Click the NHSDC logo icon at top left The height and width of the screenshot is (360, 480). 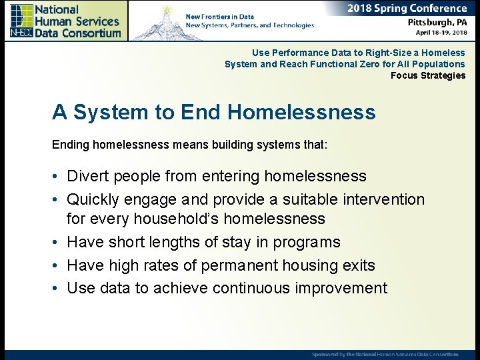click(x=21, y=20)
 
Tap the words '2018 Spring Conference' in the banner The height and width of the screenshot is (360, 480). click(x=407, y=9)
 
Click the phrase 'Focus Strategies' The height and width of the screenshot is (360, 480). click(x=428, y=75)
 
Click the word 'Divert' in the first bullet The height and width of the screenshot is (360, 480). click(x=88, y=176)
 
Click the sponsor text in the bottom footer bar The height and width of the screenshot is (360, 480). click(x=385, y=354)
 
